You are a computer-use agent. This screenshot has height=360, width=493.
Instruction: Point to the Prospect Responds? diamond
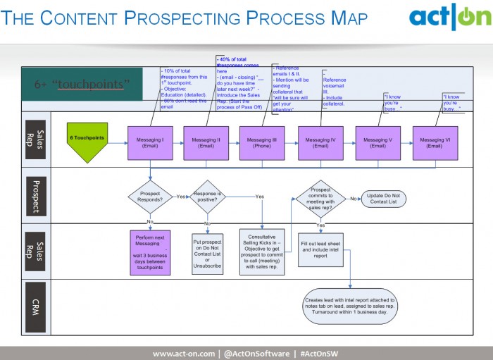(150, 197)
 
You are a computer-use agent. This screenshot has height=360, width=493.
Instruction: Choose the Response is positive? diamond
(207, 197)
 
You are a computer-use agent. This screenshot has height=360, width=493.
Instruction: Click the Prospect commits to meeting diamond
(320, 199)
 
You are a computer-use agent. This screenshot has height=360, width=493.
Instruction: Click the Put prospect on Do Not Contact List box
(207, 253)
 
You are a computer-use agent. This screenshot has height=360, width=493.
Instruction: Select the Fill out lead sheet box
(320, 249)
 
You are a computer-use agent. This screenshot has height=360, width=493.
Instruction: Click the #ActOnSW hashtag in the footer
(320, 353)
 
